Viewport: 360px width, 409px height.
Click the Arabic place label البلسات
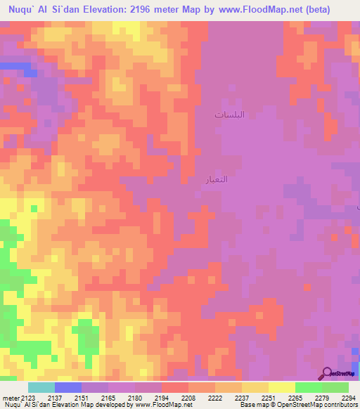[x=230, y=114]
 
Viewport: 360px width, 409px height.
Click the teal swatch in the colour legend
[x=41, y=387]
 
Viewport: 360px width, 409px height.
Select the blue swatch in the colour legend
[x=67, y=387]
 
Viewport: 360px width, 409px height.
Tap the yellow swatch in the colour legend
[x=281, y=387]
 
